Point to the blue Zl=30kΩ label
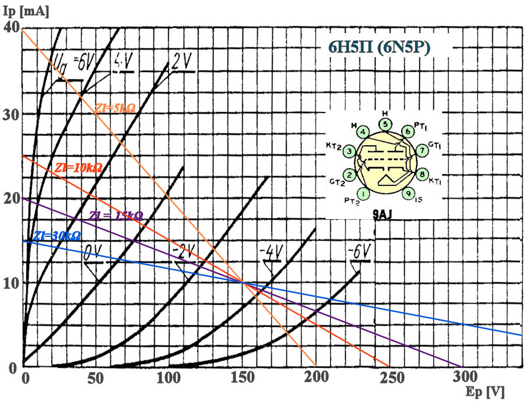(57, 236)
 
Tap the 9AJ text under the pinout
(382, 214)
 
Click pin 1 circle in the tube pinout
(363, 194)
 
